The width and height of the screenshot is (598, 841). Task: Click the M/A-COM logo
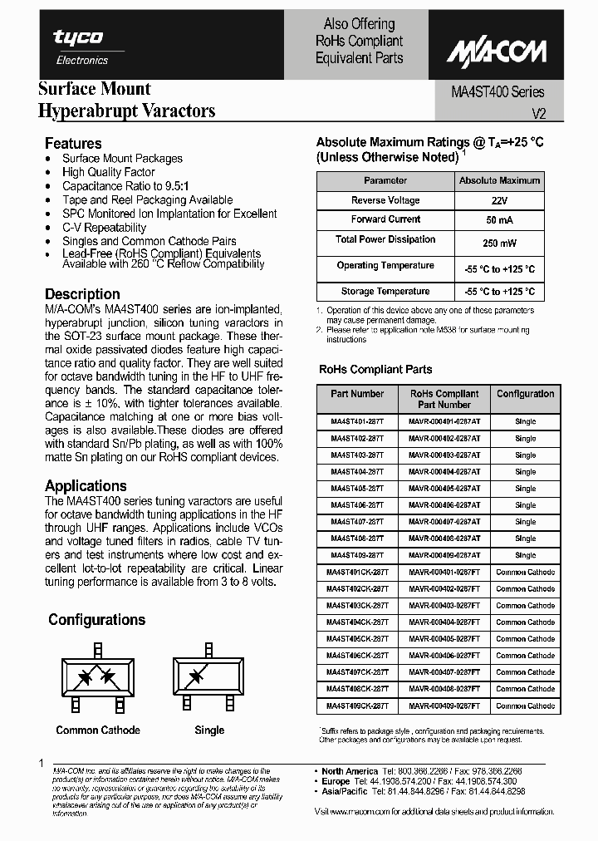(x=497, y=53)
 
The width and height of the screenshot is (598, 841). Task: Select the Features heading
(x=73, y=143)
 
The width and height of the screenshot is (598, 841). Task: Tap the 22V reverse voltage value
(x=500, y=201)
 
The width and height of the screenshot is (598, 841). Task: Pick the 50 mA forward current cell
(x=500, y=220)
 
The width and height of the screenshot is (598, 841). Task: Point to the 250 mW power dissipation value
(x=500, y=243)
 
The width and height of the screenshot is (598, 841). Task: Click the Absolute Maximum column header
(x=500, y=180)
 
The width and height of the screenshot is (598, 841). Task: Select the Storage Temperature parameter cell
(x=385, y=292)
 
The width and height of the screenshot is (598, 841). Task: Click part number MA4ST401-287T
(x=357, y=421)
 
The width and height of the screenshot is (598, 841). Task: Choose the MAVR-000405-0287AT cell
(x=444, y=489)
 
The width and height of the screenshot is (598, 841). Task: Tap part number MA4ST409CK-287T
(x=357, y=706)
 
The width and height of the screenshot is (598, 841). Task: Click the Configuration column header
(x=526, y=394)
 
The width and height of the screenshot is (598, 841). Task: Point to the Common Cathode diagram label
(x=98, y=730)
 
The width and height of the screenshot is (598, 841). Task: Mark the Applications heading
(x=86, y=486)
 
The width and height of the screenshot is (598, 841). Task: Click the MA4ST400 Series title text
(x=492, y=92)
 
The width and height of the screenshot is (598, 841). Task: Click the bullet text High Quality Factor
(x=109, y=172)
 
